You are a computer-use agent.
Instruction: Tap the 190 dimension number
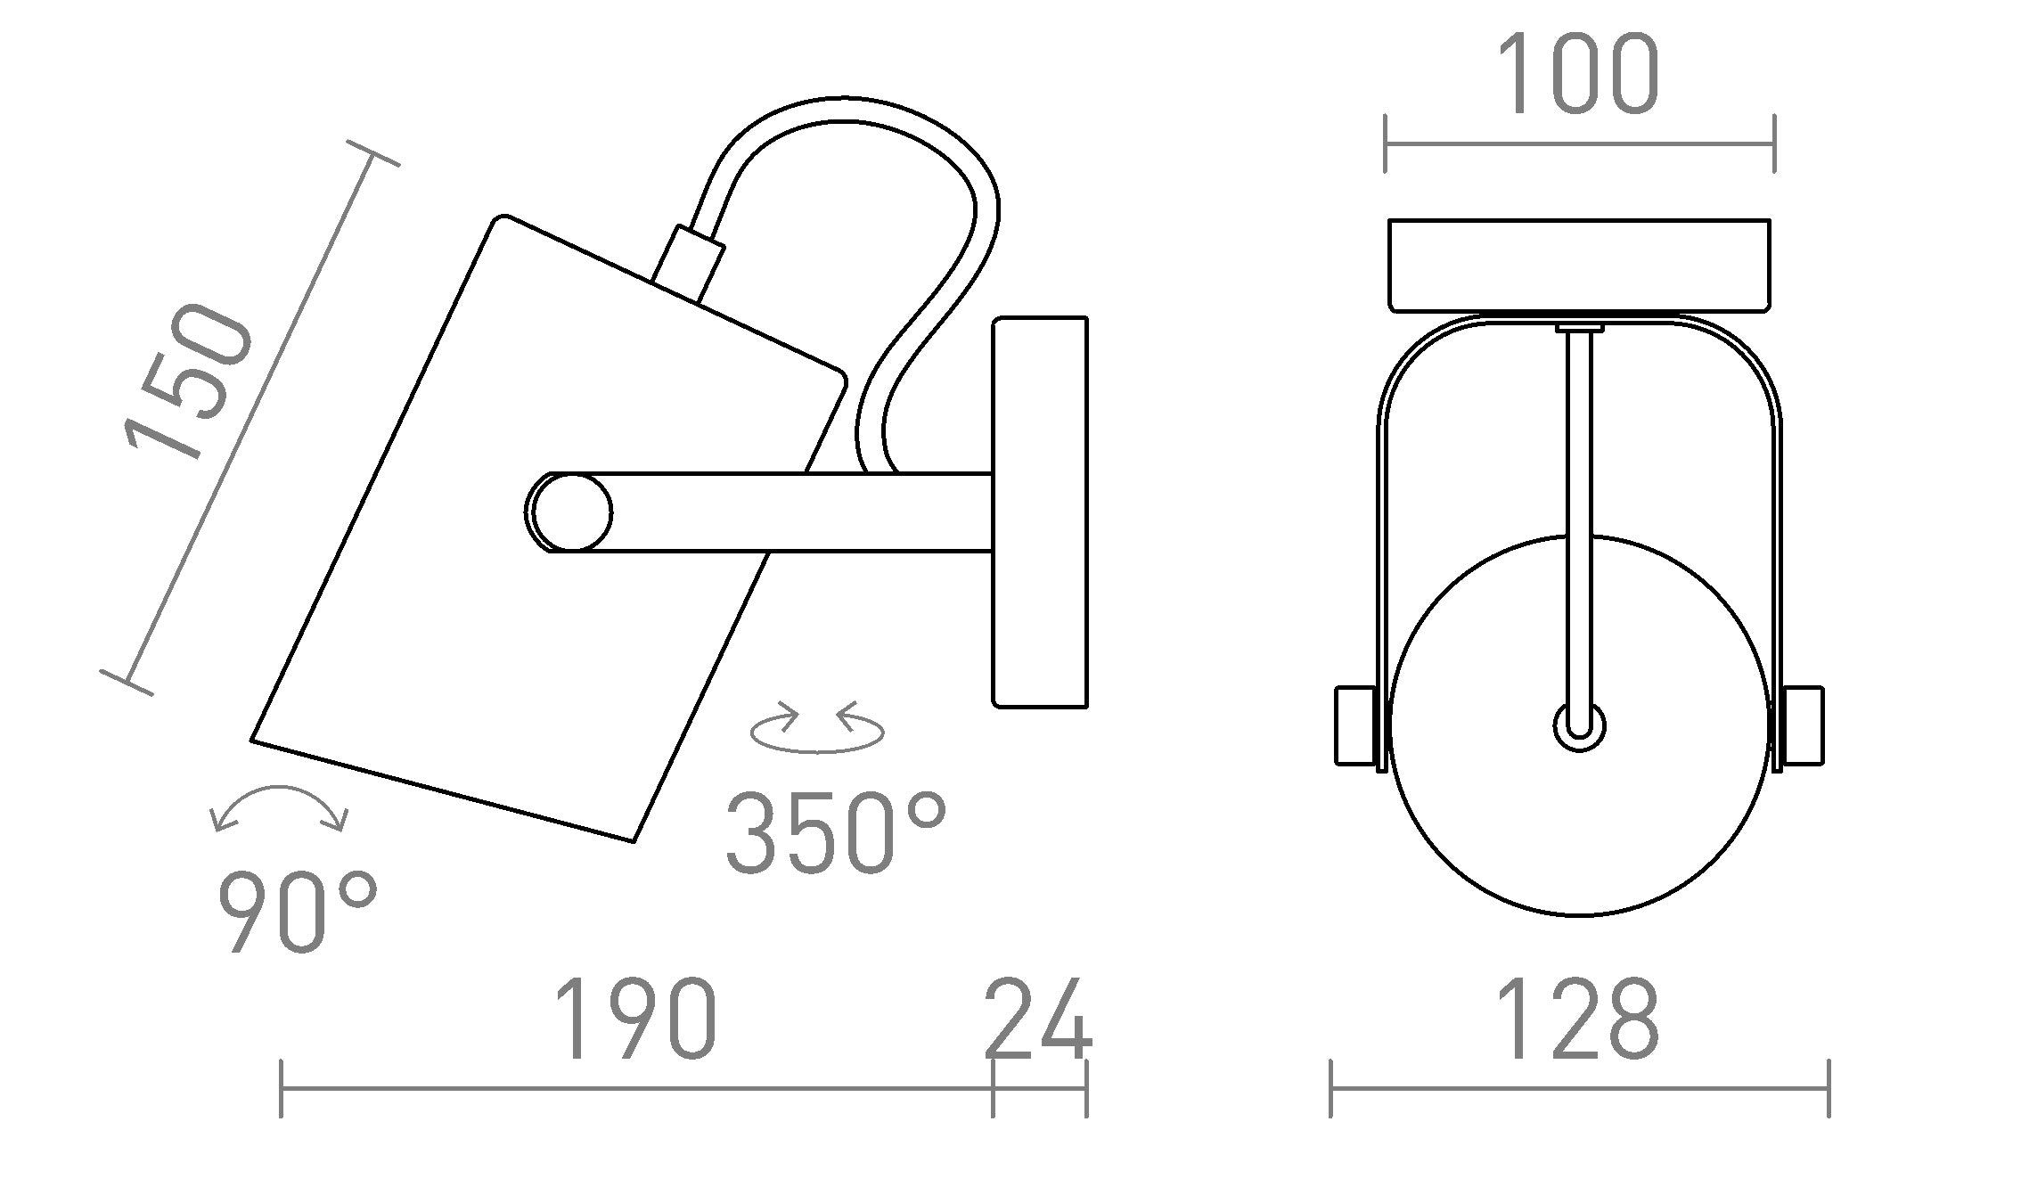tap(635, 1021)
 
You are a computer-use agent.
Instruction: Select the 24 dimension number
tap(1038, 1021)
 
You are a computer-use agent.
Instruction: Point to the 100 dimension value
tap(1578, 76)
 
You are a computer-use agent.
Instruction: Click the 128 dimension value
tap(1578, 1021)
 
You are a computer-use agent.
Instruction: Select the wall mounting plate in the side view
tap(1040, 512)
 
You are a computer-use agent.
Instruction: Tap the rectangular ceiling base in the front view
tap(1579, 265)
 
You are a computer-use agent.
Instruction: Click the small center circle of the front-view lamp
tap(1579, 726)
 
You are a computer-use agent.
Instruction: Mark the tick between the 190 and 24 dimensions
tap(993, 1088)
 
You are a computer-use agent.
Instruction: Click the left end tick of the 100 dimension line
tap(1385, 143)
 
